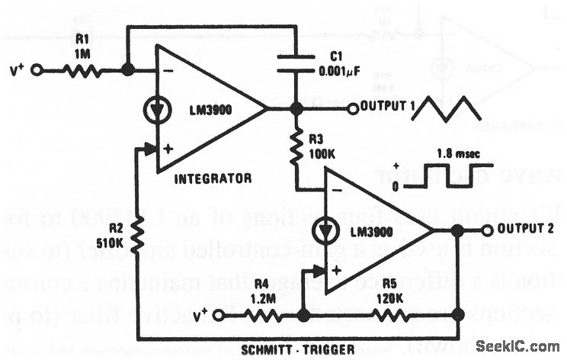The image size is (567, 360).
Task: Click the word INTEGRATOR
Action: [x=213, y=178]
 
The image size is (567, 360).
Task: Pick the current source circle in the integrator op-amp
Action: [x=155, y=110]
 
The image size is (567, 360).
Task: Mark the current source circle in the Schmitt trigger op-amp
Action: [x=326, y=230]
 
